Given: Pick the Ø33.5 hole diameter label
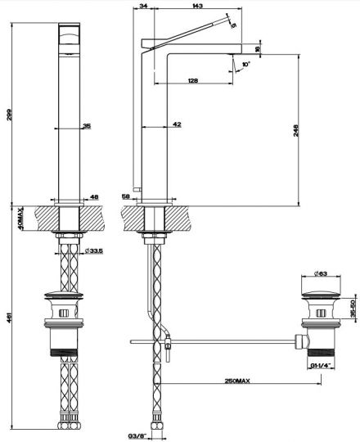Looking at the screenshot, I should (97, 250).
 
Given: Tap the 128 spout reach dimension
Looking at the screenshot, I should (191, 80).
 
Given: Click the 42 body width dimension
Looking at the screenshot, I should (177, 124).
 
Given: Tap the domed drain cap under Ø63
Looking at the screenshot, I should (318, 295).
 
